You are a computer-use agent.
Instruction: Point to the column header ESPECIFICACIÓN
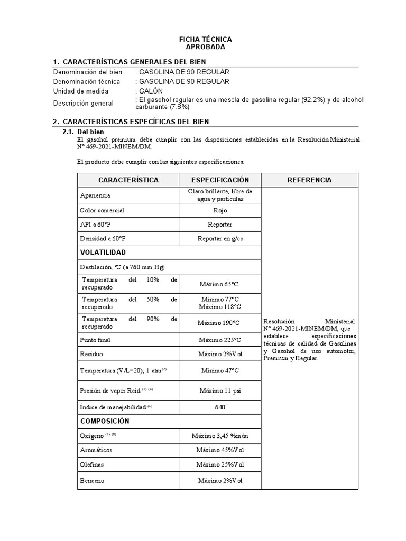220,180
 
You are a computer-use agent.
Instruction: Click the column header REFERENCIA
309,180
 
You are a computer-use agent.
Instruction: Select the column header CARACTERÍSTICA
128,180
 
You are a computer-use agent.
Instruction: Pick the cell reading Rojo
220,210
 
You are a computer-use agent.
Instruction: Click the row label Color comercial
102,210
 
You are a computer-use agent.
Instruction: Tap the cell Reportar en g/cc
220,239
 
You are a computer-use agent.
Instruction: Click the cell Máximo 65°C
220,284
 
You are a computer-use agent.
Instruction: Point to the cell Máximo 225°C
220,339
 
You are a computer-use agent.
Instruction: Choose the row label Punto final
95,339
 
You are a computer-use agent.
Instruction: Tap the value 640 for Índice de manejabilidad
220,407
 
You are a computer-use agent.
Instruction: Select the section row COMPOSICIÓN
105,421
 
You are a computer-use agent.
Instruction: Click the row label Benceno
92,481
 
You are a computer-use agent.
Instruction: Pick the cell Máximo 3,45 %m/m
220,436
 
